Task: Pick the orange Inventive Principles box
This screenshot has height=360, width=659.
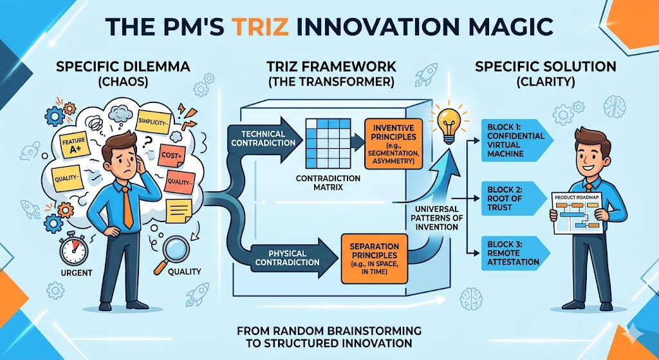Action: pos(393,143)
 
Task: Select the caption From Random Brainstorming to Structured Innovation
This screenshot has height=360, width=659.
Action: pos(329,337)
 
